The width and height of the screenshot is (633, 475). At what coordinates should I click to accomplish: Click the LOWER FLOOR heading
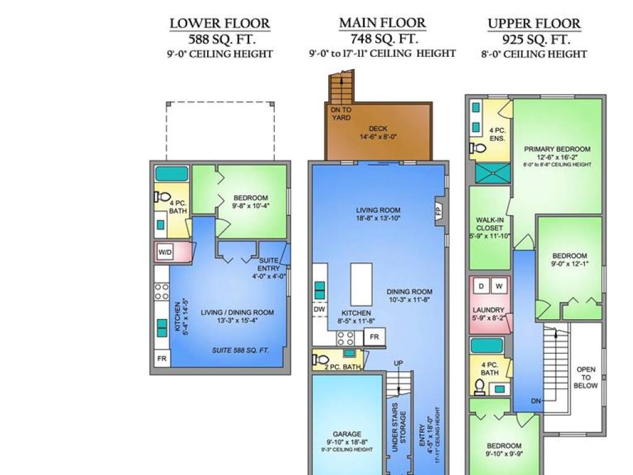(219, 24)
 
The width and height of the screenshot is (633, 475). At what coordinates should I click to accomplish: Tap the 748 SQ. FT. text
(383, 39)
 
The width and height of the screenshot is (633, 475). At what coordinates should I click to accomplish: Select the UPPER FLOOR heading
(534, 24)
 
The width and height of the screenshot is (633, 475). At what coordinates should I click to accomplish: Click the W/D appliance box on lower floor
(165, 253)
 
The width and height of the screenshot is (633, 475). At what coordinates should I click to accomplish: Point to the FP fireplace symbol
(440, 210)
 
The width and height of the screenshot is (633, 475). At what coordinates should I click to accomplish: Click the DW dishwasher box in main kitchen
(320, 309)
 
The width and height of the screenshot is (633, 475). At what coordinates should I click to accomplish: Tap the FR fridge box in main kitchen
(374, 337)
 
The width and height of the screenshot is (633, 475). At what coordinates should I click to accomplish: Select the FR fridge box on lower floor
(162, 358)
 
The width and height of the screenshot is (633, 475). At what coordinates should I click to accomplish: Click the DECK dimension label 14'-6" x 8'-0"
(378, 137)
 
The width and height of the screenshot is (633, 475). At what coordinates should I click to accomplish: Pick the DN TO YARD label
(341, 114)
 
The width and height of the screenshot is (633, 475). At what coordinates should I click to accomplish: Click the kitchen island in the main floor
(361, 285)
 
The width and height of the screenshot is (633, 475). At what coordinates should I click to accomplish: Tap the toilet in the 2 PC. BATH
(321, 359)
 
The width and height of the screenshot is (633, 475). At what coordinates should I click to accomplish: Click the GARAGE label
(347, 434)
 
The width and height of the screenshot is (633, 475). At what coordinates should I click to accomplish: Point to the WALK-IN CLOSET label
(490, 224)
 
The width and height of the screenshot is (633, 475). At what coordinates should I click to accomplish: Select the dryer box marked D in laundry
(481, 286)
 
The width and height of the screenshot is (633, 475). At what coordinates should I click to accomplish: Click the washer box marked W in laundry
(499, 286)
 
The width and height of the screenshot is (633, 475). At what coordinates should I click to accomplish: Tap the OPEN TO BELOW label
(586, 377)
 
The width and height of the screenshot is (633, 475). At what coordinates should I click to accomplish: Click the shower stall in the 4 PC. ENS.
(493, 173)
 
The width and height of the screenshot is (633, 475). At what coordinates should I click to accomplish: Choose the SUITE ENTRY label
(269, 264)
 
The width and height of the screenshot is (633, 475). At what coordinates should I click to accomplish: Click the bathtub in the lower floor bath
(172, 174)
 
